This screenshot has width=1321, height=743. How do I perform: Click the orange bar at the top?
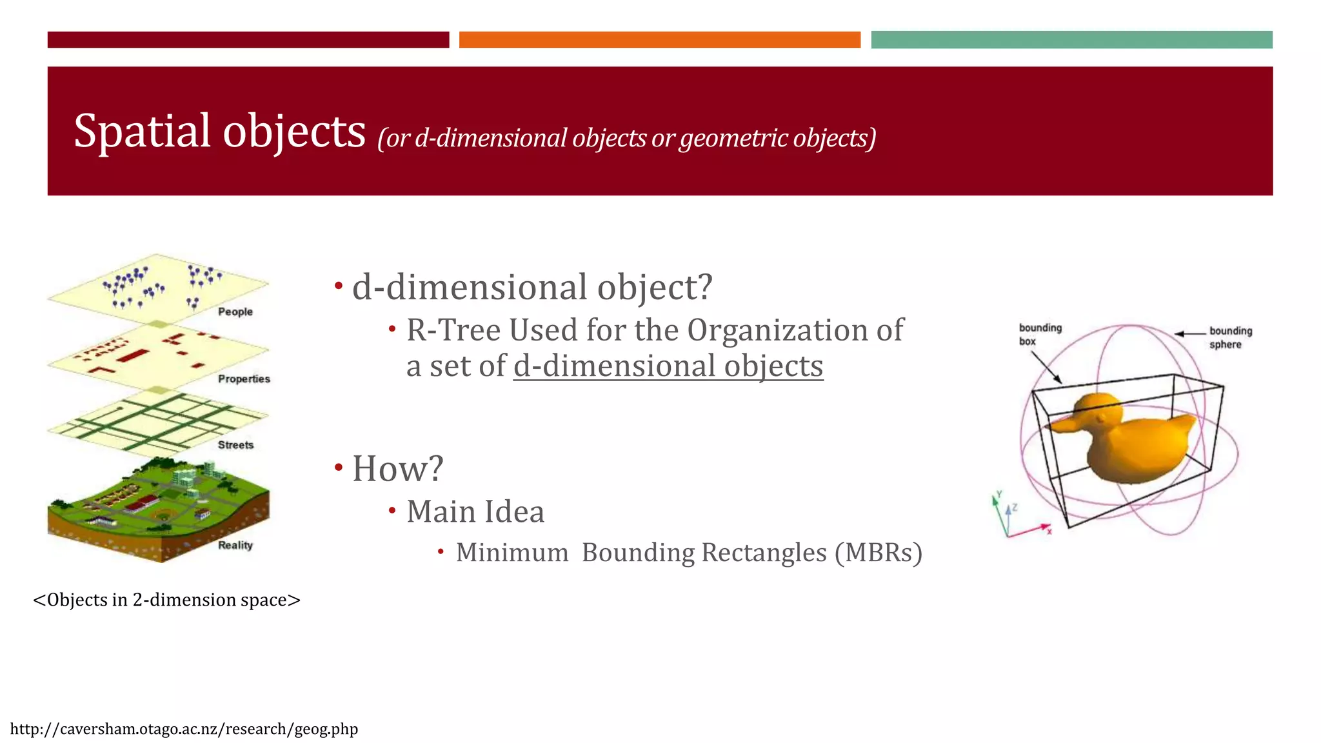pos(659,39)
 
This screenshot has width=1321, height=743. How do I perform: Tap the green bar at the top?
pos(1071,39)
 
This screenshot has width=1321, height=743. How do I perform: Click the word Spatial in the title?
pos(142,132)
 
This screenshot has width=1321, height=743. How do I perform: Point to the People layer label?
pos(235,312)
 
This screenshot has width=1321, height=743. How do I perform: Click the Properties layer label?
pos(244,379)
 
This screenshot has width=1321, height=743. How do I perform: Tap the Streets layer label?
pos(235,445)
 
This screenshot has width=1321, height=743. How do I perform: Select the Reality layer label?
pos(235,545)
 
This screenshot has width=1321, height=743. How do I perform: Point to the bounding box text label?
pos(1040,334)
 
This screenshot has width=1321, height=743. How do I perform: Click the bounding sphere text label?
pos(1230,337)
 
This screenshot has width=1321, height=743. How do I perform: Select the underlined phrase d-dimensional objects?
pos(668,366)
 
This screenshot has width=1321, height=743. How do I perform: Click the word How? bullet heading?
pos(397,468)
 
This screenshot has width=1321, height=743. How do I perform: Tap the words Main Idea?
pos(475,511)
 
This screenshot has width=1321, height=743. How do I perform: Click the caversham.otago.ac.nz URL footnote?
pos(184,729)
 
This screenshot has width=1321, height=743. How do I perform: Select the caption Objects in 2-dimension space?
pos(166,600)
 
